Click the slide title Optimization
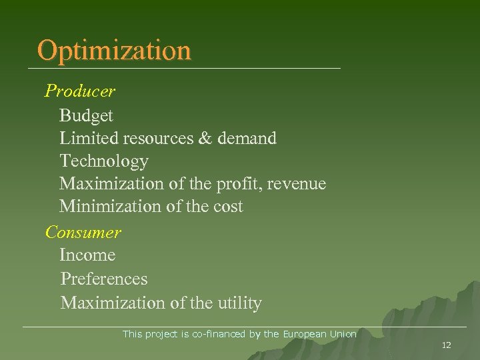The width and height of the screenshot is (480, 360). [114, 50]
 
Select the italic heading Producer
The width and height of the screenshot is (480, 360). [79, 91]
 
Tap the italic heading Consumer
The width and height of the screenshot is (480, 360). [83, 233]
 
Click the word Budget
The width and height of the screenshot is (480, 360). [86, 116]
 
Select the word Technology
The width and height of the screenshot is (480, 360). [103, 161]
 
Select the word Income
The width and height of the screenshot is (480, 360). [87, 255]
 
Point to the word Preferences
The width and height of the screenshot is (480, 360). [103, 279]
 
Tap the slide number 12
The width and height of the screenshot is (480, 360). [446, 345]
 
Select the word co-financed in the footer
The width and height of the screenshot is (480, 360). [219, 334]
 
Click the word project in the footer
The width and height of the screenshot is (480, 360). [160, 334]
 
